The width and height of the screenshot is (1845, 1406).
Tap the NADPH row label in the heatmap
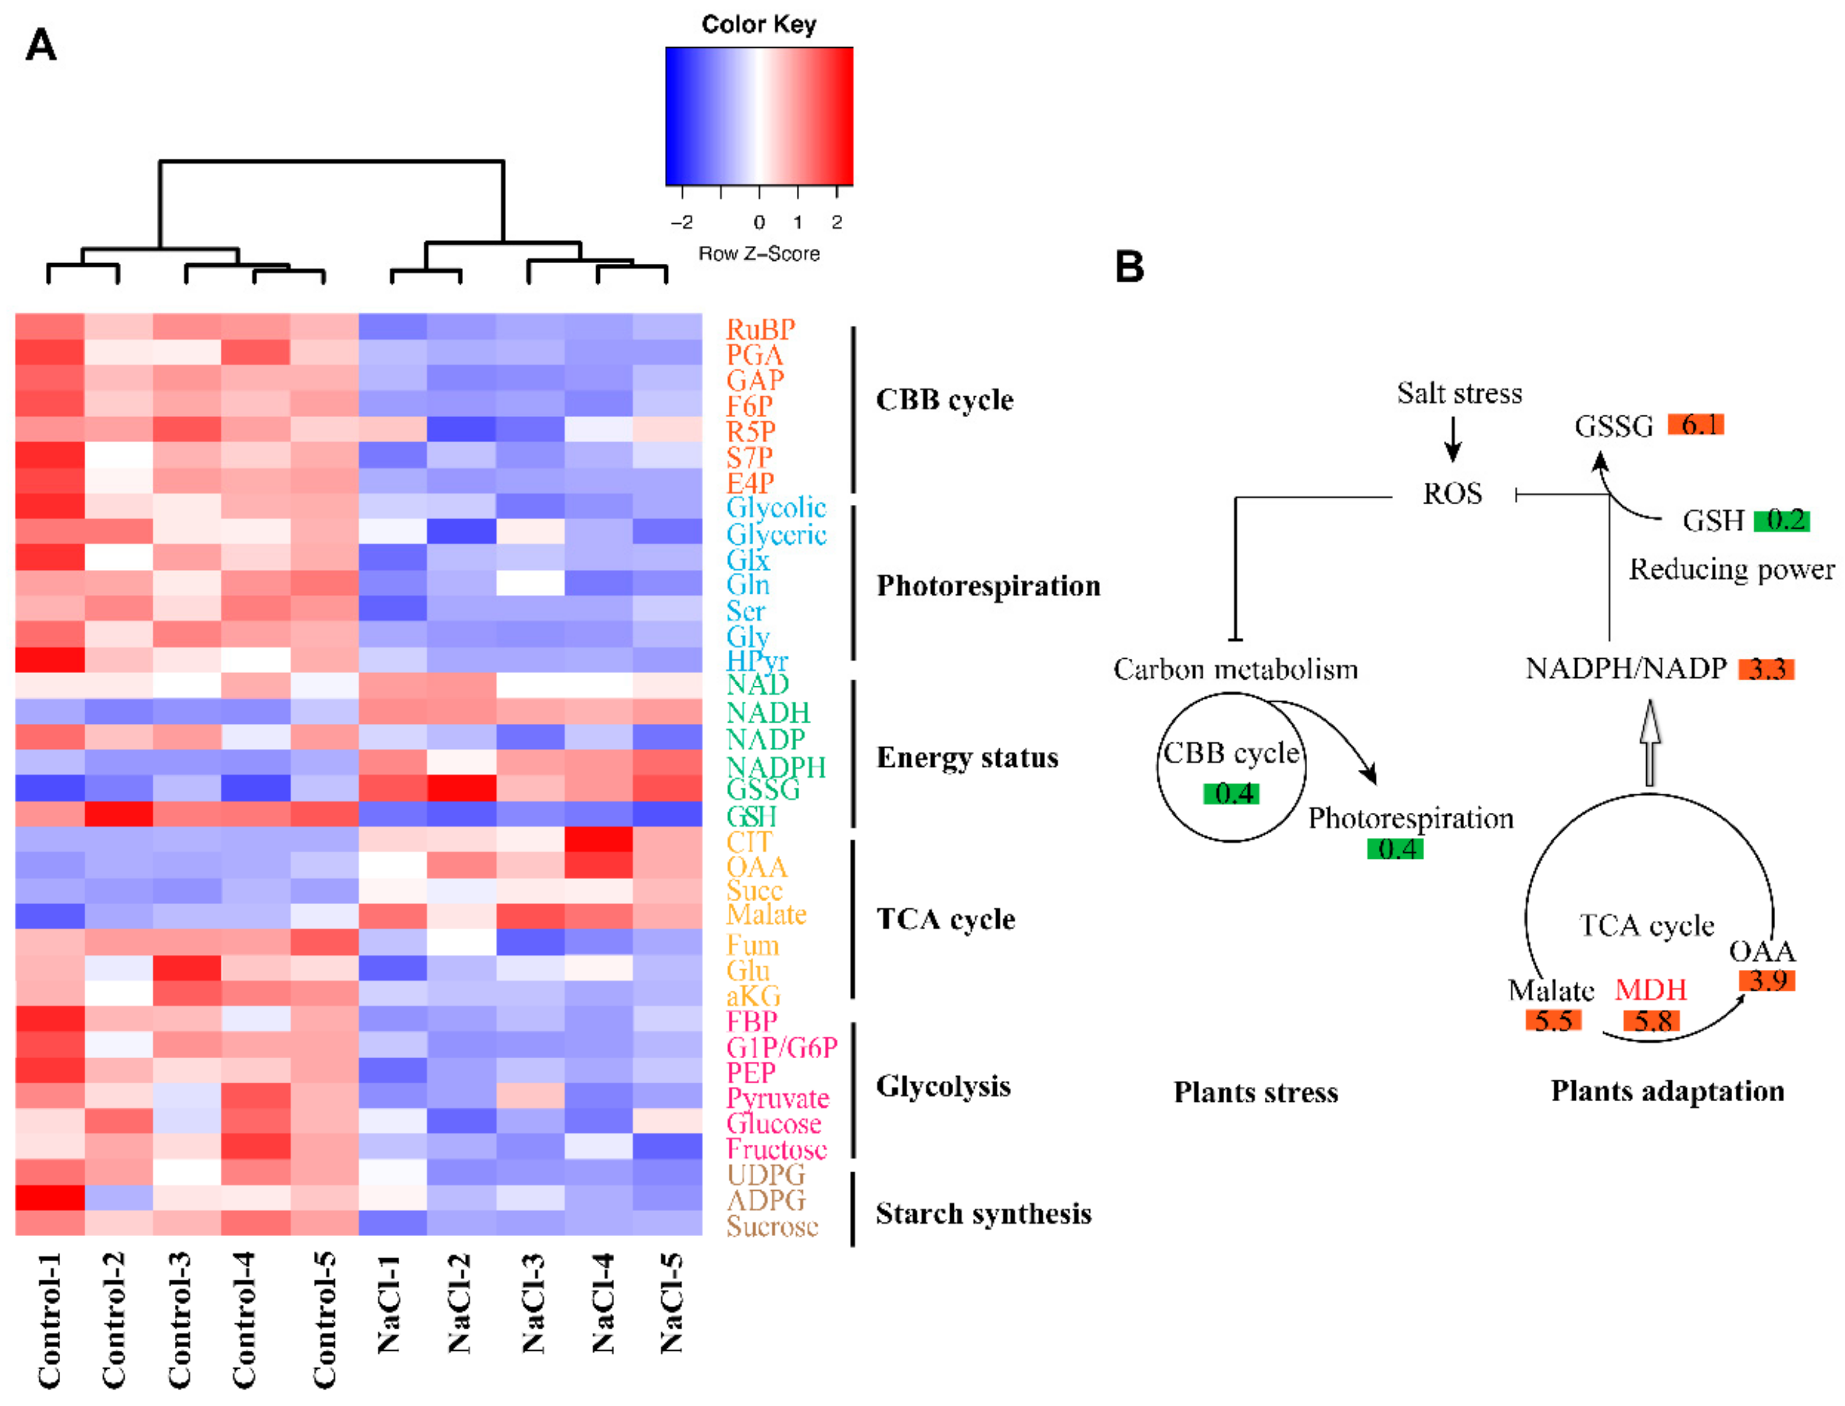coord(775,767)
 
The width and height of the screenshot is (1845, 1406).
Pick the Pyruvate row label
coord(777,1097)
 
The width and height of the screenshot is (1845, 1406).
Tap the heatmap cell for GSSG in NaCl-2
coord(461,788)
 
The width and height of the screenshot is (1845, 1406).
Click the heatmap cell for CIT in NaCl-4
coord(598,839)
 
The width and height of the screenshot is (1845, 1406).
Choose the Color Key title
coord(758,25)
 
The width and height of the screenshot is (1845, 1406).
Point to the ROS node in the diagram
coord(1452,494)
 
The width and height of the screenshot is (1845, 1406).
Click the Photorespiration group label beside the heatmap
coord(988,586)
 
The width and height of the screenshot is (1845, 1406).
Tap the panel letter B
coord(1129,267)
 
